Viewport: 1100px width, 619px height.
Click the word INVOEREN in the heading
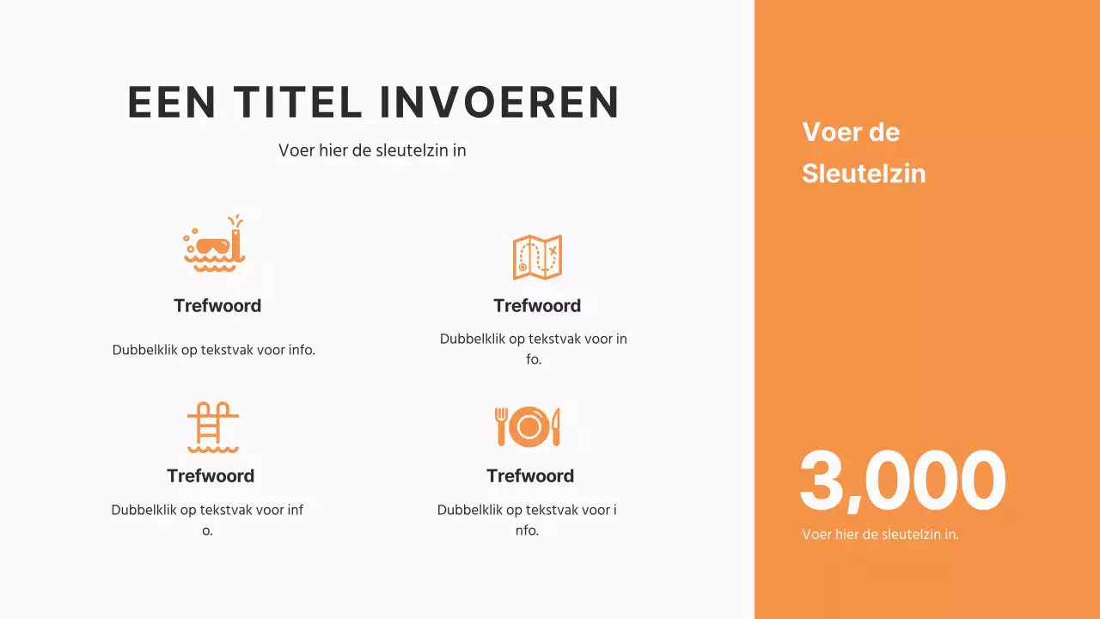(x=499, y=102)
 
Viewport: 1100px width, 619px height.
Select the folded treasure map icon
(x=537, y=257)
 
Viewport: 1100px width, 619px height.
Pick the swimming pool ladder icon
(x=213, y=426)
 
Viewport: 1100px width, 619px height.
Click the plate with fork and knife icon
(x=529, y=426)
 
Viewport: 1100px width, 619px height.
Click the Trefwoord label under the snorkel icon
(x=217, y=306)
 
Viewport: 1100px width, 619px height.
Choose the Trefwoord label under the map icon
(x=537, y=306)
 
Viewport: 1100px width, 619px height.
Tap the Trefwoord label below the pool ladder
(x=211, y=476)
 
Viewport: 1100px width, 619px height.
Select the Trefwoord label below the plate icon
(x=530, y=476)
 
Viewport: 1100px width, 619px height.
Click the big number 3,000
(x=901, y=481)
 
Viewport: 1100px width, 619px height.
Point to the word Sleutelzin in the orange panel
(x=864, y=174)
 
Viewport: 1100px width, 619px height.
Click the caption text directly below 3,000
(x=880, y=535)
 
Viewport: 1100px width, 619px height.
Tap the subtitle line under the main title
(x=372, y=150)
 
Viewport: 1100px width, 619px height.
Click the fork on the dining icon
(x=502, y=426)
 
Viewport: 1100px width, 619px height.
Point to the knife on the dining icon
(x=556, y=426)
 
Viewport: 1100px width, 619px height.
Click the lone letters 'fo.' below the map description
(x=534, y=359)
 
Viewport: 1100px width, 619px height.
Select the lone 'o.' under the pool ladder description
(x=207, y=531)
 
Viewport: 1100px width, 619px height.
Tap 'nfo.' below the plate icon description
(x=527, y=531)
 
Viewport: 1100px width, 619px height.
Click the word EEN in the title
(x=172, y=102)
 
